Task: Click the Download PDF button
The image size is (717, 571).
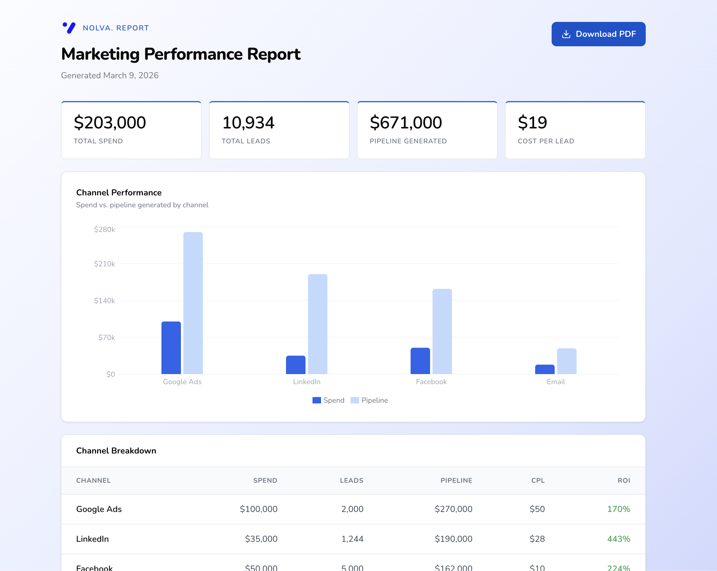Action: click(598, 34)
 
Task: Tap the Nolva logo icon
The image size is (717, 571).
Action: click(69, 28)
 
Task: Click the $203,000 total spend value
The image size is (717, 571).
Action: click(110, 123)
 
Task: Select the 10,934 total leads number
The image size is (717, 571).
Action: click(248, 123)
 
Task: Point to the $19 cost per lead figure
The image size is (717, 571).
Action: click(532, 123)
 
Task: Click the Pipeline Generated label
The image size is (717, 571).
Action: click(408, 141)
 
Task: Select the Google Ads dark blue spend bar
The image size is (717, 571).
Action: click(171, 348)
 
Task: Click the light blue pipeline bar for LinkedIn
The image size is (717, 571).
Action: click(317, 324)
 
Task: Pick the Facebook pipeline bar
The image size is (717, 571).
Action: click(442, 331)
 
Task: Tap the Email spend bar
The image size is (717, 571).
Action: click(544, 369)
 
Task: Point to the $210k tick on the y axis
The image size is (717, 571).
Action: click(104, 264)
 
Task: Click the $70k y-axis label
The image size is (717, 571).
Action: click(106, 338)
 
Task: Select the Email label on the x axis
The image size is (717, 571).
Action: click(556, 382)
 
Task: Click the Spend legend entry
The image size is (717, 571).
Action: click(329, 401)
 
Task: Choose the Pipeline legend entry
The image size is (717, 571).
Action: click(369, 401)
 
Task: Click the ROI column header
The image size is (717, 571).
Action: click(623, 481)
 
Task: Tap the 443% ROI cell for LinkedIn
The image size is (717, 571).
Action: click(618, 539)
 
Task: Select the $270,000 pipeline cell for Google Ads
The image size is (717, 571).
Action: click(453, 509)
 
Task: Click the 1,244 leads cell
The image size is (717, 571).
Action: click(352, 539)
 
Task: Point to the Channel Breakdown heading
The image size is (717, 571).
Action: click(116, 451)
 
